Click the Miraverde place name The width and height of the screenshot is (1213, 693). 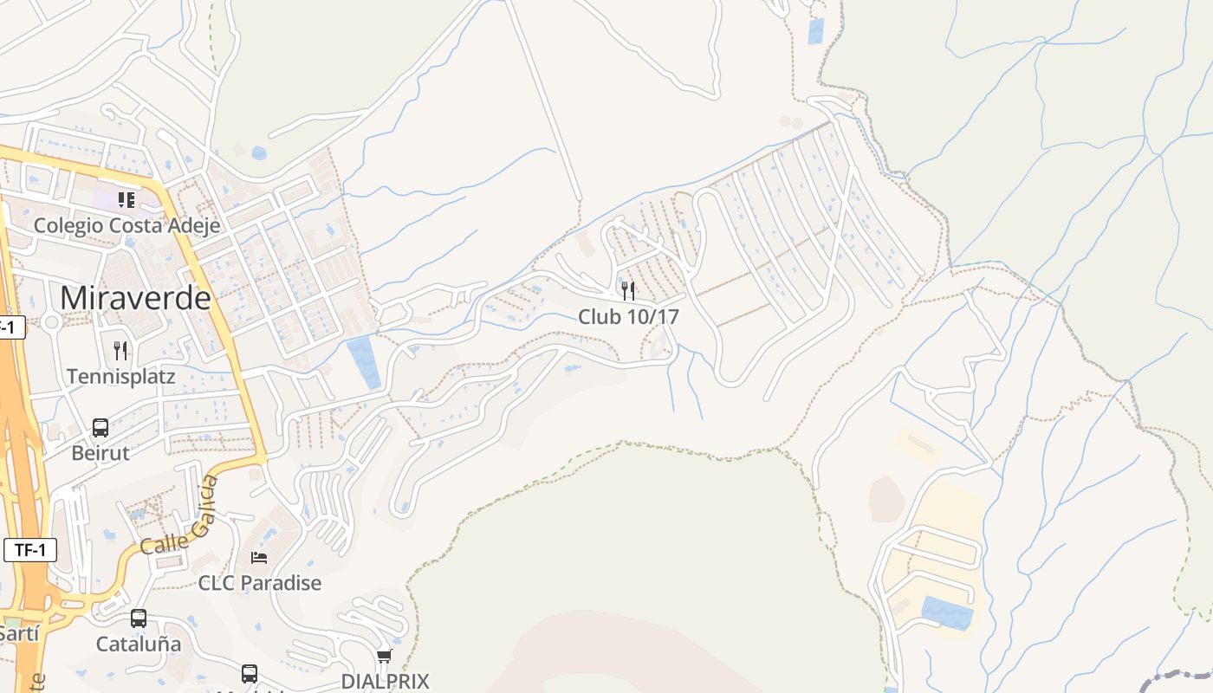(135, 297)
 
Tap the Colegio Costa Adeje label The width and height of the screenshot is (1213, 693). (126, 225)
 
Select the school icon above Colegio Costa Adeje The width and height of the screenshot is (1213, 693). (126, 200)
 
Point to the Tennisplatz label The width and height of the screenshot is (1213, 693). (120, 377)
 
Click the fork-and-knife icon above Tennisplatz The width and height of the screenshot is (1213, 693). (120, 351)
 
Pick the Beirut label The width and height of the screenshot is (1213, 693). (101, 453)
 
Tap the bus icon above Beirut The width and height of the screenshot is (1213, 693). (101, 428)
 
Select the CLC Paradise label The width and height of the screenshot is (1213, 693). (259, 583)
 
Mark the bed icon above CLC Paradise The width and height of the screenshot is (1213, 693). (259, 557)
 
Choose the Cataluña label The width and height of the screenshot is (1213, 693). (139, 644)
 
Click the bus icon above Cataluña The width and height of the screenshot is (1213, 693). (139, 619)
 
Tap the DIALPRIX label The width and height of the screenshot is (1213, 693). (385, 681)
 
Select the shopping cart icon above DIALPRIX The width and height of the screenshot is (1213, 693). (385, 656)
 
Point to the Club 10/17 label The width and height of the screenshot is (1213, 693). (628, 317)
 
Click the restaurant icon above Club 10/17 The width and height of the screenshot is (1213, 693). (628, 291)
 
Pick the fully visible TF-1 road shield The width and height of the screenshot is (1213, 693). (30, 550)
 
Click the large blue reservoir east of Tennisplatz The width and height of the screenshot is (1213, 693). (364, 363)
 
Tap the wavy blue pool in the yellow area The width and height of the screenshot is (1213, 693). (946, 612)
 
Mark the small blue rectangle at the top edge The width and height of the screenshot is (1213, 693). (816, 31)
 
